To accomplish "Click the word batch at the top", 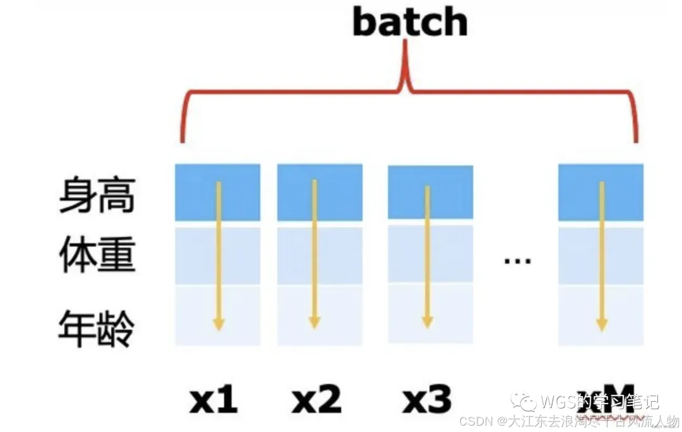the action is (x=410, y=23).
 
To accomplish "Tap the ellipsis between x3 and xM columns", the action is (x=517, y=260).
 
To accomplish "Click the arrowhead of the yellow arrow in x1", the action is (x=218, y=324).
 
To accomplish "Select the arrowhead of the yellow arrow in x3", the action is (x=428, y=323).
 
